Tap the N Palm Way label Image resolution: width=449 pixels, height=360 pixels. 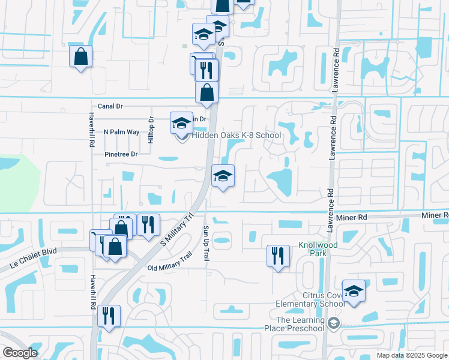[121, 131]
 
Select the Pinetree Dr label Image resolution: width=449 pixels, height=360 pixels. [121, 154]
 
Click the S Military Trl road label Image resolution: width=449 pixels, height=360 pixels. [178, 229]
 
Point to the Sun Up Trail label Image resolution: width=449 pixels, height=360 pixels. [205, 243]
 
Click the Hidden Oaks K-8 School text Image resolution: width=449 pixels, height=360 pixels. [237, 135]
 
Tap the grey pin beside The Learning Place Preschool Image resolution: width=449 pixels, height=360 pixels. [334, 324]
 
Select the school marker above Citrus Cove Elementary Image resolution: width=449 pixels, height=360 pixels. [354, 292]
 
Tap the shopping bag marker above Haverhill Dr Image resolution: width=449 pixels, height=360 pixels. [80, 58]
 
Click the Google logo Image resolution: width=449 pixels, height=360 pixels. [20, 353]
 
